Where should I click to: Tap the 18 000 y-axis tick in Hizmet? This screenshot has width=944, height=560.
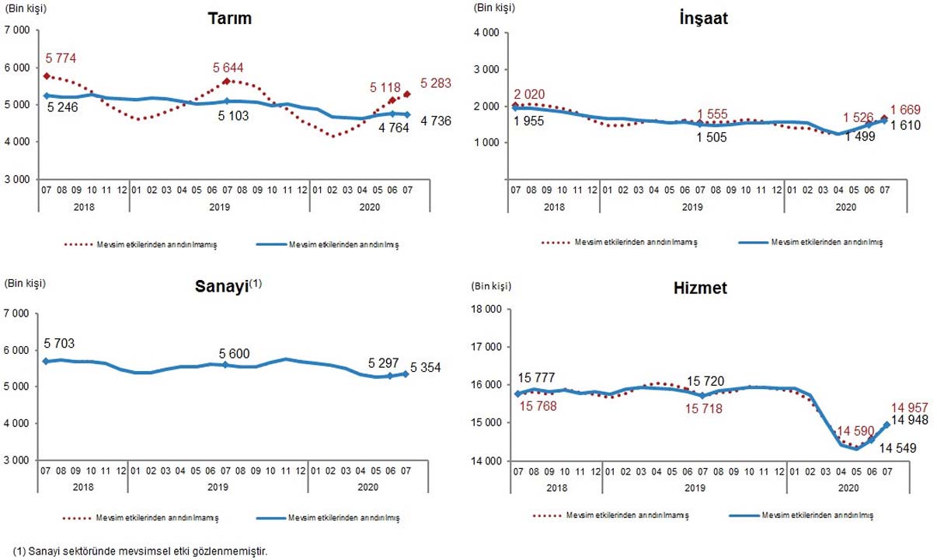487,310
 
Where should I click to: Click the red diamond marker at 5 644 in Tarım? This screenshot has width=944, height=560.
226,81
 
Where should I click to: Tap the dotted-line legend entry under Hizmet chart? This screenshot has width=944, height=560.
614,516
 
